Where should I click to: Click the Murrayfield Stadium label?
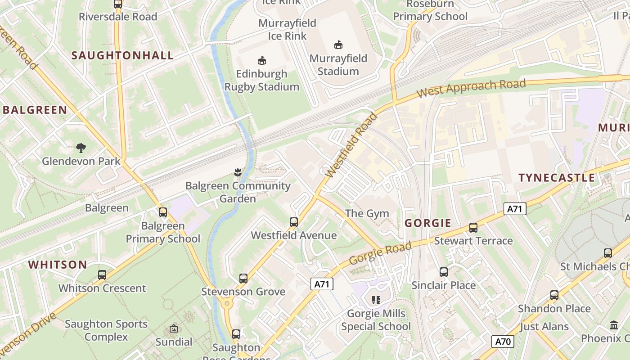pyautogui.click(x=338, y=65)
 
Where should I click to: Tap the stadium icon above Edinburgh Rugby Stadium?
pyautogui.click(x=261, y=60)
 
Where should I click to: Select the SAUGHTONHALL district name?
pyautogui.click(x=122, y=55)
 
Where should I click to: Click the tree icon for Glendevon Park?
pyautogui.click(x=81, y=148)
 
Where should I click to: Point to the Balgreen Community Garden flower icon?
pyautogui.click(x=238, y=172)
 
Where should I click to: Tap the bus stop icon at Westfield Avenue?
pyautogui.click(x=294, y=222)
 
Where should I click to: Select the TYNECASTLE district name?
pyautogui.click(x=557, y=178)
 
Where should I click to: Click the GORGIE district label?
pyautogui.click(x=427, y=223)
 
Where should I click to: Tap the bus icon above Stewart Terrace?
pyautogui.click(x=473, y=228)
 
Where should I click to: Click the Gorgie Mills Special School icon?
pyautogui.click(x=376, y=300)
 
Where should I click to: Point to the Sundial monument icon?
pyautogui.click(x=174, y=329)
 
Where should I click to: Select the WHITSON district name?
pyautogui.click(x=58, y=265)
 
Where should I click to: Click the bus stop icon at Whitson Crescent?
pyautogui.click(x=102, y=275)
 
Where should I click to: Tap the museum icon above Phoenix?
pyautogui.click(x=614, y=325)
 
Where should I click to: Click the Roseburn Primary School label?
pyautogui.click(x=430, y=11)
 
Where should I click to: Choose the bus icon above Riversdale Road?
pyautogui.click(x=118, y=4)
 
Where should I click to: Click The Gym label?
pyautogui.click(x=367, y=213)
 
